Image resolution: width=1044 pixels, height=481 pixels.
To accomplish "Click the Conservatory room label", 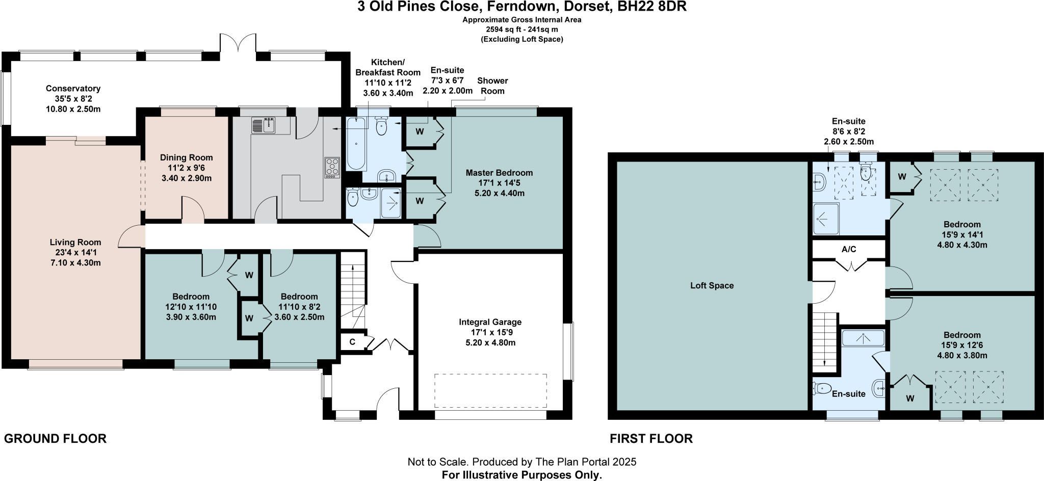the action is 73,89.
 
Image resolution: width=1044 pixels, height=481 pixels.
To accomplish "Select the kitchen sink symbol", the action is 264,125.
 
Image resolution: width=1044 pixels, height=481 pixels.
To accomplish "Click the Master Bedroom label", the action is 499,173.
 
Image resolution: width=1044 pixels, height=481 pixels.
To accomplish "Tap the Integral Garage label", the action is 490,322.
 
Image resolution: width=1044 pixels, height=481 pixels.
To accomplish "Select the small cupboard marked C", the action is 352,341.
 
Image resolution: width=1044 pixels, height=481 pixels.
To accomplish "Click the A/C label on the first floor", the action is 849,250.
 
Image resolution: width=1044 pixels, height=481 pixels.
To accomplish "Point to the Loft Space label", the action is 712,285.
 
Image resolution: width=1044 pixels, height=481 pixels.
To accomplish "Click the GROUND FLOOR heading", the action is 55,439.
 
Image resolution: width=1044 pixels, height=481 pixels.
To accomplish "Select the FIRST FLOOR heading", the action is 651,439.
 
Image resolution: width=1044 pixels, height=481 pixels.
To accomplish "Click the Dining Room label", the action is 187,158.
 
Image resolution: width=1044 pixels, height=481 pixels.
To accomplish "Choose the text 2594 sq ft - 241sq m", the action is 522,30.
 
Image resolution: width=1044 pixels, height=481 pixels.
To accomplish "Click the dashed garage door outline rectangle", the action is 490,391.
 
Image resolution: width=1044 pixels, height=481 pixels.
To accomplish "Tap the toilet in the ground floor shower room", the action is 353,198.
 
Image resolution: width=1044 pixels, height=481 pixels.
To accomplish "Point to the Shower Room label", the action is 492,86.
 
